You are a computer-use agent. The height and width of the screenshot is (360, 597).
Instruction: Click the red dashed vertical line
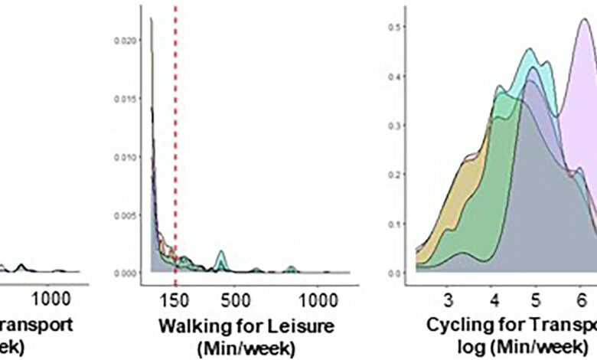click(176, 153)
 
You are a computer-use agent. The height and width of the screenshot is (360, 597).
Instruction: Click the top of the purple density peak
click(583, 20)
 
